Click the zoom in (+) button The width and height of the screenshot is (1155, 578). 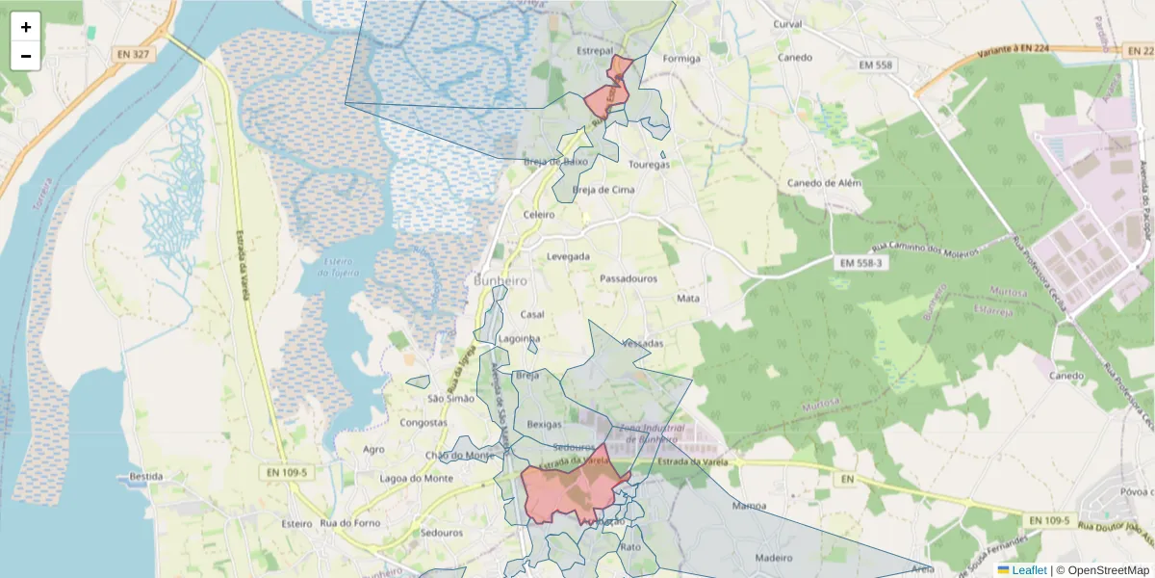26,27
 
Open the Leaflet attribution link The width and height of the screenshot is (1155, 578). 1028,570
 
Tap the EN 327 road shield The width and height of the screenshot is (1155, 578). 134,54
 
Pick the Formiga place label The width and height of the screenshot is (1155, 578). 681,59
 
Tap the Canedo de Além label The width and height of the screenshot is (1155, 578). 824,183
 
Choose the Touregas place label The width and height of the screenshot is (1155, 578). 649,165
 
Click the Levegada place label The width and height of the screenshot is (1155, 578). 568,257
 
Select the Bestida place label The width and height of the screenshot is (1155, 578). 145,477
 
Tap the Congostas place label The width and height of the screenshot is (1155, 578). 423,423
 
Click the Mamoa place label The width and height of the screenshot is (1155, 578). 749,506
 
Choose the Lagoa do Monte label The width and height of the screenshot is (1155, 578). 416,479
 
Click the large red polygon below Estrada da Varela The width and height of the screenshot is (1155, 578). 568,491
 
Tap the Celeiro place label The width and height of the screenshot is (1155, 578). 539,215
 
